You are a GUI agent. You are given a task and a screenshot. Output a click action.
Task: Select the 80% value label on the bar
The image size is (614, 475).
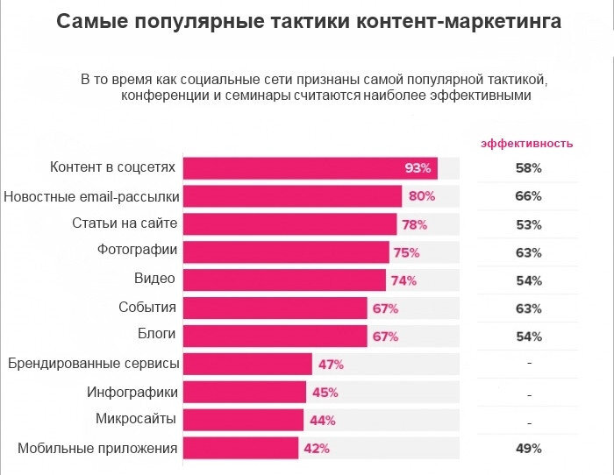click(420, 196)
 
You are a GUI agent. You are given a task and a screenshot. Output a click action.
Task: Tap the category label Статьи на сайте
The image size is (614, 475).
click(125, 223)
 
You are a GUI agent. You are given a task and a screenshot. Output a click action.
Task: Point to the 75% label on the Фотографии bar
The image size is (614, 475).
click(406, 252)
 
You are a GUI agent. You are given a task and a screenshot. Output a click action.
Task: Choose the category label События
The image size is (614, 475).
click(147, 308)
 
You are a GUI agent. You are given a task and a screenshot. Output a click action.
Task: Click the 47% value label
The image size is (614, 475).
click(331, 365)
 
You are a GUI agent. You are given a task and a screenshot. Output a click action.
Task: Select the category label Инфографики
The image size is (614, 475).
click(132, 392)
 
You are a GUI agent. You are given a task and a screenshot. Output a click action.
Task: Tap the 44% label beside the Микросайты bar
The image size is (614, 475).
click(323, 421)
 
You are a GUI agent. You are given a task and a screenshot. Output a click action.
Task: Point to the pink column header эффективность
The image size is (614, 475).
click(527, 143)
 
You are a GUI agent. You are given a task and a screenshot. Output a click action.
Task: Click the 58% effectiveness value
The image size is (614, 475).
click(528, 167)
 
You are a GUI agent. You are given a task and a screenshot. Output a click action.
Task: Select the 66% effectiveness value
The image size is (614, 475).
click(528, 195)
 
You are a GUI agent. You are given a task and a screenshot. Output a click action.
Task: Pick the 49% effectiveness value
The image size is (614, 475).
click(528, 449)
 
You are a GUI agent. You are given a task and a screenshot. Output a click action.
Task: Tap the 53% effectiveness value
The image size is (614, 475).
click(528, 224)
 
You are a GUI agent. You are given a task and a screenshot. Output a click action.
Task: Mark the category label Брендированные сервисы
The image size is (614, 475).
click(93, 363)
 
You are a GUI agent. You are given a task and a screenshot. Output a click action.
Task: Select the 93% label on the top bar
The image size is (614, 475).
click(418, 168)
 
